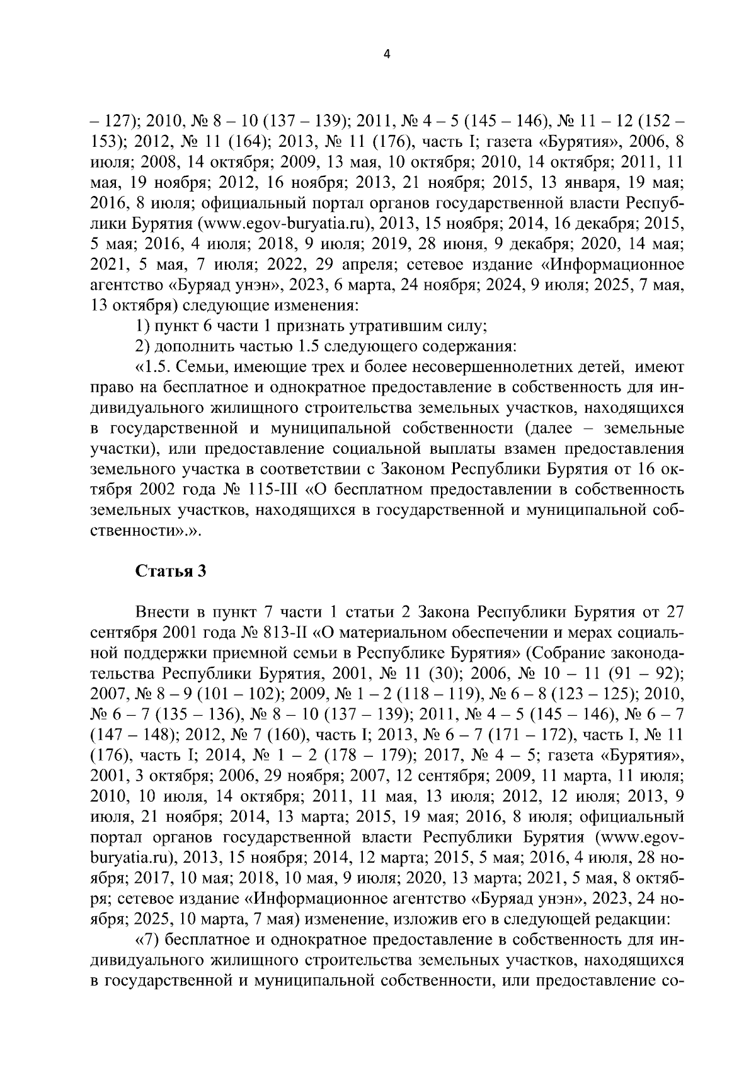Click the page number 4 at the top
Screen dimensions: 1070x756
[x=387, y=55]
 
